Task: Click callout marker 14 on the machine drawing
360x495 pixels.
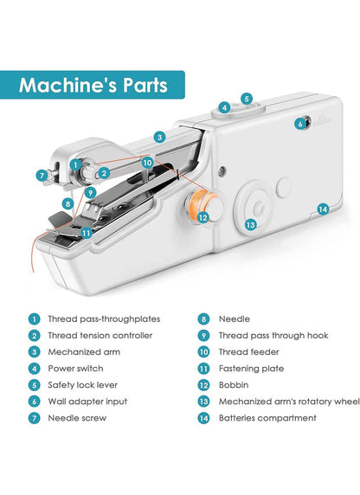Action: point(322,209)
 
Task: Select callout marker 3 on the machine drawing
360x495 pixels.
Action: point(160,136)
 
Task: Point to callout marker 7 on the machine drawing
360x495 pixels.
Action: point(41,176)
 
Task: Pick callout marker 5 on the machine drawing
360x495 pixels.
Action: point(247,99)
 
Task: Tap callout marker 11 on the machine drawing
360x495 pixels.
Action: point(86,233)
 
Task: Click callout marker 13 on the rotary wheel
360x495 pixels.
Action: point(250,224)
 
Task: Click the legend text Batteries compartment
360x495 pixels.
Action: point(267,418)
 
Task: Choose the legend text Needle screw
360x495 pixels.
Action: point(78,418)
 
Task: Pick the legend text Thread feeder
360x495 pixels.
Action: point(247,351)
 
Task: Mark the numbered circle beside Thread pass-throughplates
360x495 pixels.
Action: point(34,318)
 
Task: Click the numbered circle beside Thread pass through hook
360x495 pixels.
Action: point(203,335)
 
